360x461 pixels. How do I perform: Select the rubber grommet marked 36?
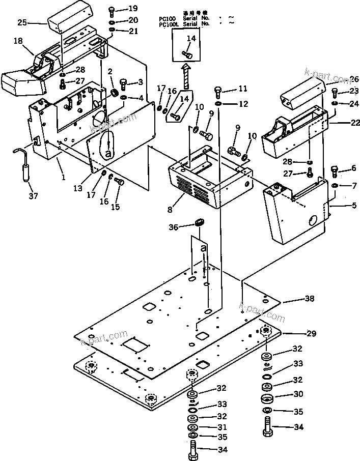[x=200, y=222]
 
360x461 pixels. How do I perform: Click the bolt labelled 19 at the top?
[x=112, y=10]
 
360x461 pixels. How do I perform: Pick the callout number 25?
[x=22, y=22]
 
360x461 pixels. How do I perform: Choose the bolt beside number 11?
[x=218, y=92]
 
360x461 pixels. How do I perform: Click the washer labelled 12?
[x=218, y=104]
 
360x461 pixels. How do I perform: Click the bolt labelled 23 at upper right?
[x=335, y=93]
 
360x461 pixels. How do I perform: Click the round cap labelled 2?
[x=116, y=93]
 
